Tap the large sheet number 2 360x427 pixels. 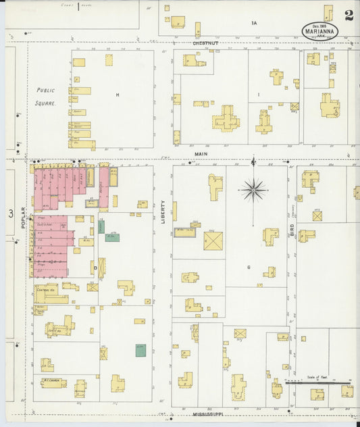click(x=348, y=16)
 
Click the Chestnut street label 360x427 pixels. click(x=205, y=43)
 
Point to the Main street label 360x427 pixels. click(x=201, y=153)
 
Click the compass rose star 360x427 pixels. click(x=254, y=190)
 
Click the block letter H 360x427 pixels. click(x=117, y=95)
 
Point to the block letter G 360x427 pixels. click(x=249, y=268)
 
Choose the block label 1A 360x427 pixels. click(x=255, y=24)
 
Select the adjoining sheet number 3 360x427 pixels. click(x=11, y=214)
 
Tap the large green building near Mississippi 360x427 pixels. click(x=140, y=350)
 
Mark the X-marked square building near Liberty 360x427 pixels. click(x=213, y=241)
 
